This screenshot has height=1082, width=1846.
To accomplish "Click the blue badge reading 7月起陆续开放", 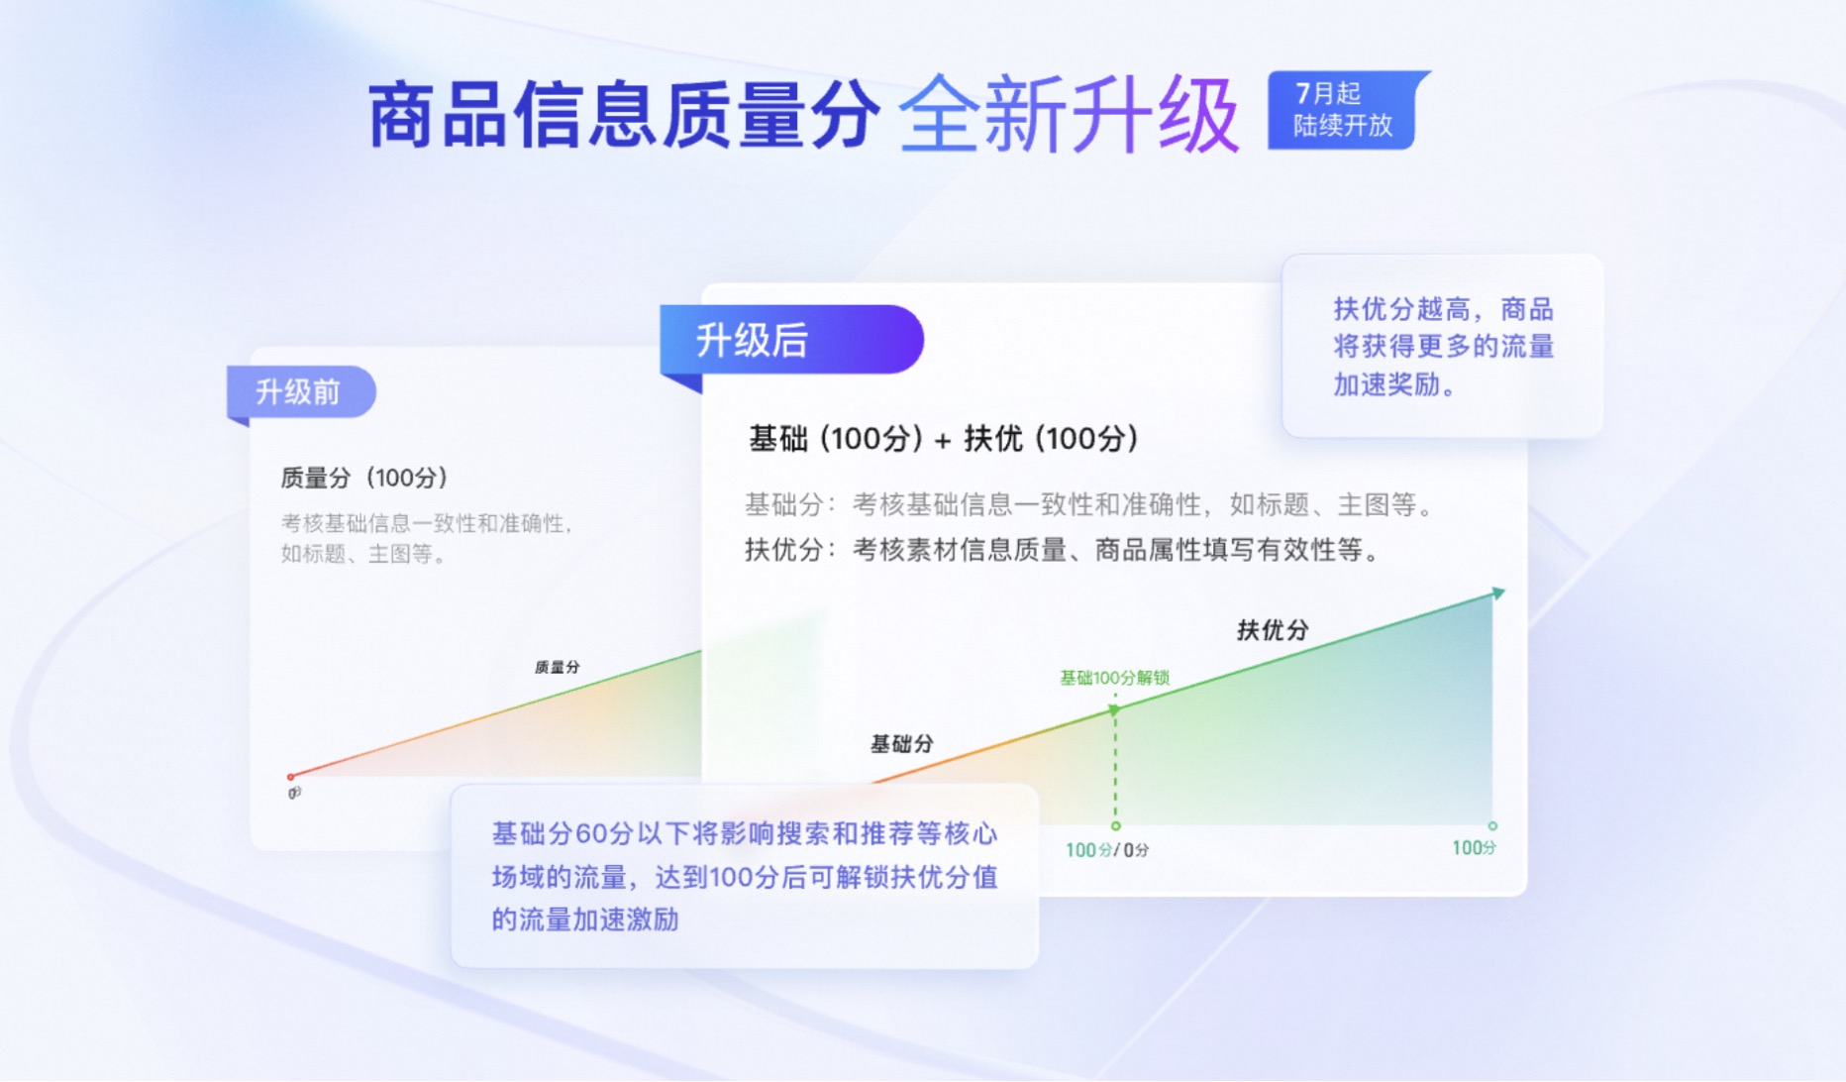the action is pos(1347,110).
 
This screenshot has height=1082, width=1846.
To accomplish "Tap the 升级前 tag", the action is pos(301,392).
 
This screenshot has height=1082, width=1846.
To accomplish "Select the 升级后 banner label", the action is pos(791,340).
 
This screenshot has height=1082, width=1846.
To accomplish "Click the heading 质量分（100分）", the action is pos(364,478).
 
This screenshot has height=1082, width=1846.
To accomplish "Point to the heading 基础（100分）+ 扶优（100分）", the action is pos(944,438).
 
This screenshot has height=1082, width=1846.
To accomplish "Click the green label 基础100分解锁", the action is pos(1114,678).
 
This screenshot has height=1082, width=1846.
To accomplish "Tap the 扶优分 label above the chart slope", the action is pos(1273,630).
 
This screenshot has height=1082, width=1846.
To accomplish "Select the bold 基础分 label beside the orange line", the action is pos(901,744).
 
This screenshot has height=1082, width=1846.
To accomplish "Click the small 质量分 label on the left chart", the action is pos(558,667).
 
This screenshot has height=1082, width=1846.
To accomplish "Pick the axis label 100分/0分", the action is pos(1107,850).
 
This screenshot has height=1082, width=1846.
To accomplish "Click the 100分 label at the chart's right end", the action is pos(1474,848).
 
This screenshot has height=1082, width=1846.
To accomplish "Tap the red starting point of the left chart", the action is pos(290,777).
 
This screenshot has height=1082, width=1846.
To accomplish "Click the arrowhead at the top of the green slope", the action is pos(1497,593).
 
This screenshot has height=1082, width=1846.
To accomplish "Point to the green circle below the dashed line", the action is pos(1116,826).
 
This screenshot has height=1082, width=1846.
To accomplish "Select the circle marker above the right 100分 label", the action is pos(1492,825).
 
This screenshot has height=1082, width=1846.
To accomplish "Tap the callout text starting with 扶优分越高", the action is pos(1443,347).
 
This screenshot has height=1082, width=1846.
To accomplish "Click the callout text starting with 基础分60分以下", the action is pos(744,877).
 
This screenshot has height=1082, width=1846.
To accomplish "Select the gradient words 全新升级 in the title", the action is pos(1070,116).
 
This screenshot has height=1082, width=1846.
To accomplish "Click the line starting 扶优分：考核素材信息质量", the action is pos(1063,550).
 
